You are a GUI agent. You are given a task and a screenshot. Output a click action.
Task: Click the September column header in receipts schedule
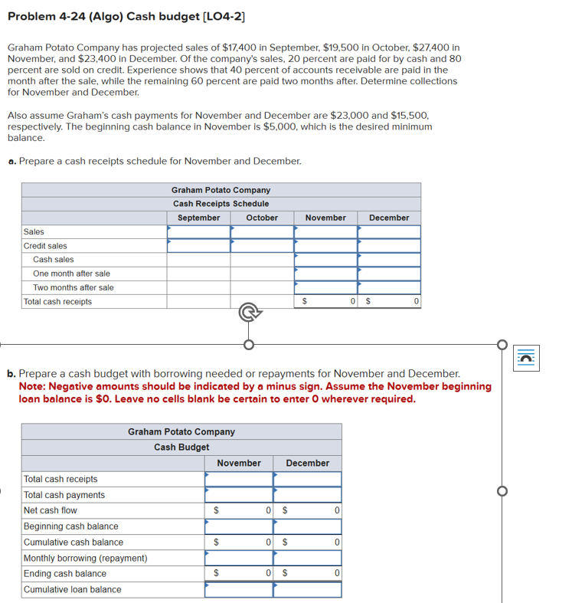click(x=198, y=218)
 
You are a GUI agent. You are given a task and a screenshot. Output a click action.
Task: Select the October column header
click(x=262, y=218)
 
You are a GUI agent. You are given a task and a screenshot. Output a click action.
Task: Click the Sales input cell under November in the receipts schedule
click(x=325, y=231)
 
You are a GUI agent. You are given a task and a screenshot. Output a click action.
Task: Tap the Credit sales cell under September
click(x=198, y=245)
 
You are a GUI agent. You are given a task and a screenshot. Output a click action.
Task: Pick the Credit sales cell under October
click(x=262, y=245)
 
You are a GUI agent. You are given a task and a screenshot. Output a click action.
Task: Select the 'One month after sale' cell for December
click(x=389, y=274)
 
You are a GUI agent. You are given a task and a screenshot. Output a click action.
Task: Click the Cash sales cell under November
click(x=325, y=260)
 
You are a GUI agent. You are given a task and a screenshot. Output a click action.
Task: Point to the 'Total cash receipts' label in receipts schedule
click(x=57, y=301)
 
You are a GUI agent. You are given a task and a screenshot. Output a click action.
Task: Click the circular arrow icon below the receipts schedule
click(x=247, y=313)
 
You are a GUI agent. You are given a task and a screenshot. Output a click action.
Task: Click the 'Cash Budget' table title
click(x=181, y=447)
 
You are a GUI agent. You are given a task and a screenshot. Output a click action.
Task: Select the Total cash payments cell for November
click(x=238, y=495)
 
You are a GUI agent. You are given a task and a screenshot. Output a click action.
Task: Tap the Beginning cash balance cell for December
click(x=307, y=526)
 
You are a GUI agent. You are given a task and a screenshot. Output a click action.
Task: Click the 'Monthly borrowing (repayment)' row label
click(x=85, y=558)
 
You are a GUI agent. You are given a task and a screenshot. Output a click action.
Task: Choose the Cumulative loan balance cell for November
click(x=238, y=589)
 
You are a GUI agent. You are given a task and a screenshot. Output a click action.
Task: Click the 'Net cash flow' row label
click(x=50, y=510)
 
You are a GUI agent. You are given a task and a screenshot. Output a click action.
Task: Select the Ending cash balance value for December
click(x=307, y=573)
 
